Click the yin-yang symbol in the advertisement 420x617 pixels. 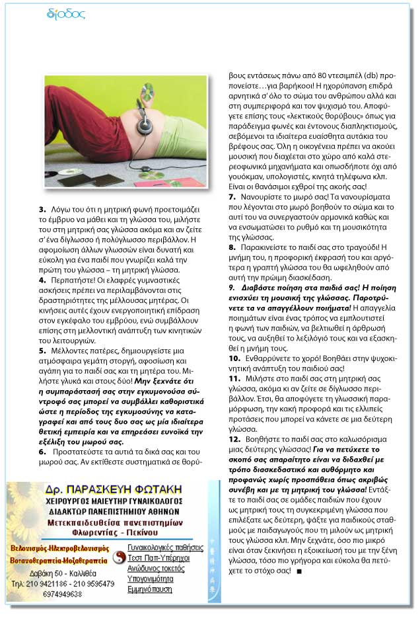pos(119,557)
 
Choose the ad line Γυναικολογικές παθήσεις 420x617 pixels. pos(165,548)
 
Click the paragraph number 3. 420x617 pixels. pos(42,210)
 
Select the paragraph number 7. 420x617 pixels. pos(231,196)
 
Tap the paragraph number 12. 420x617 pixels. pos(233,438)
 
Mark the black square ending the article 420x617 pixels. pos(300,570)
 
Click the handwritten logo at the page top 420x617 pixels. pos(67,13)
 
